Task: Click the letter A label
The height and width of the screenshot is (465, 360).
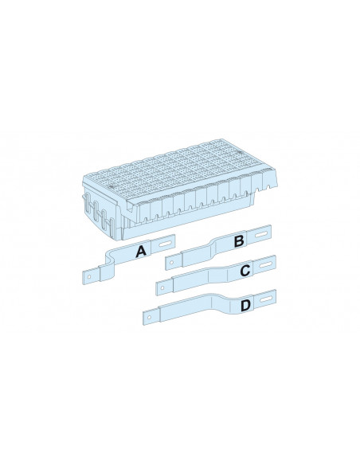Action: pos(141,252)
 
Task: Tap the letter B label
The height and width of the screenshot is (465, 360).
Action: pos(239,240)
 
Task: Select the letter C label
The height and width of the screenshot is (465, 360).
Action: pos(245,271)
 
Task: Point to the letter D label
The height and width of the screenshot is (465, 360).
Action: pos(245,306)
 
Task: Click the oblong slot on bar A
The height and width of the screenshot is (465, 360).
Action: pos(165,244)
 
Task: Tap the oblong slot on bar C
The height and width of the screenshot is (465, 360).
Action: pos(266,264)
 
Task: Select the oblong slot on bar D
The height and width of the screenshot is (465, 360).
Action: pos(266,299)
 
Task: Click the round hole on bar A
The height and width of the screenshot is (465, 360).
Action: pos(88,276)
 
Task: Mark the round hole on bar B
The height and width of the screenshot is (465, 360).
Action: pos(171,263)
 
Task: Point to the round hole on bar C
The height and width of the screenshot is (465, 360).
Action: pos(162,288)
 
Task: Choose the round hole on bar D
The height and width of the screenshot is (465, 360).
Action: pos(149,318)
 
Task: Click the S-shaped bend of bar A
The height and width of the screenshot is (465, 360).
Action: pos(109,261)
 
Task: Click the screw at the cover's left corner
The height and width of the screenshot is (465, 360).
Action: pos(112,186)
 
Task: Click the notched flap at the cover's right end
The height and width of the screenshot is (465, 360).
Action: pos(268,180)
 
